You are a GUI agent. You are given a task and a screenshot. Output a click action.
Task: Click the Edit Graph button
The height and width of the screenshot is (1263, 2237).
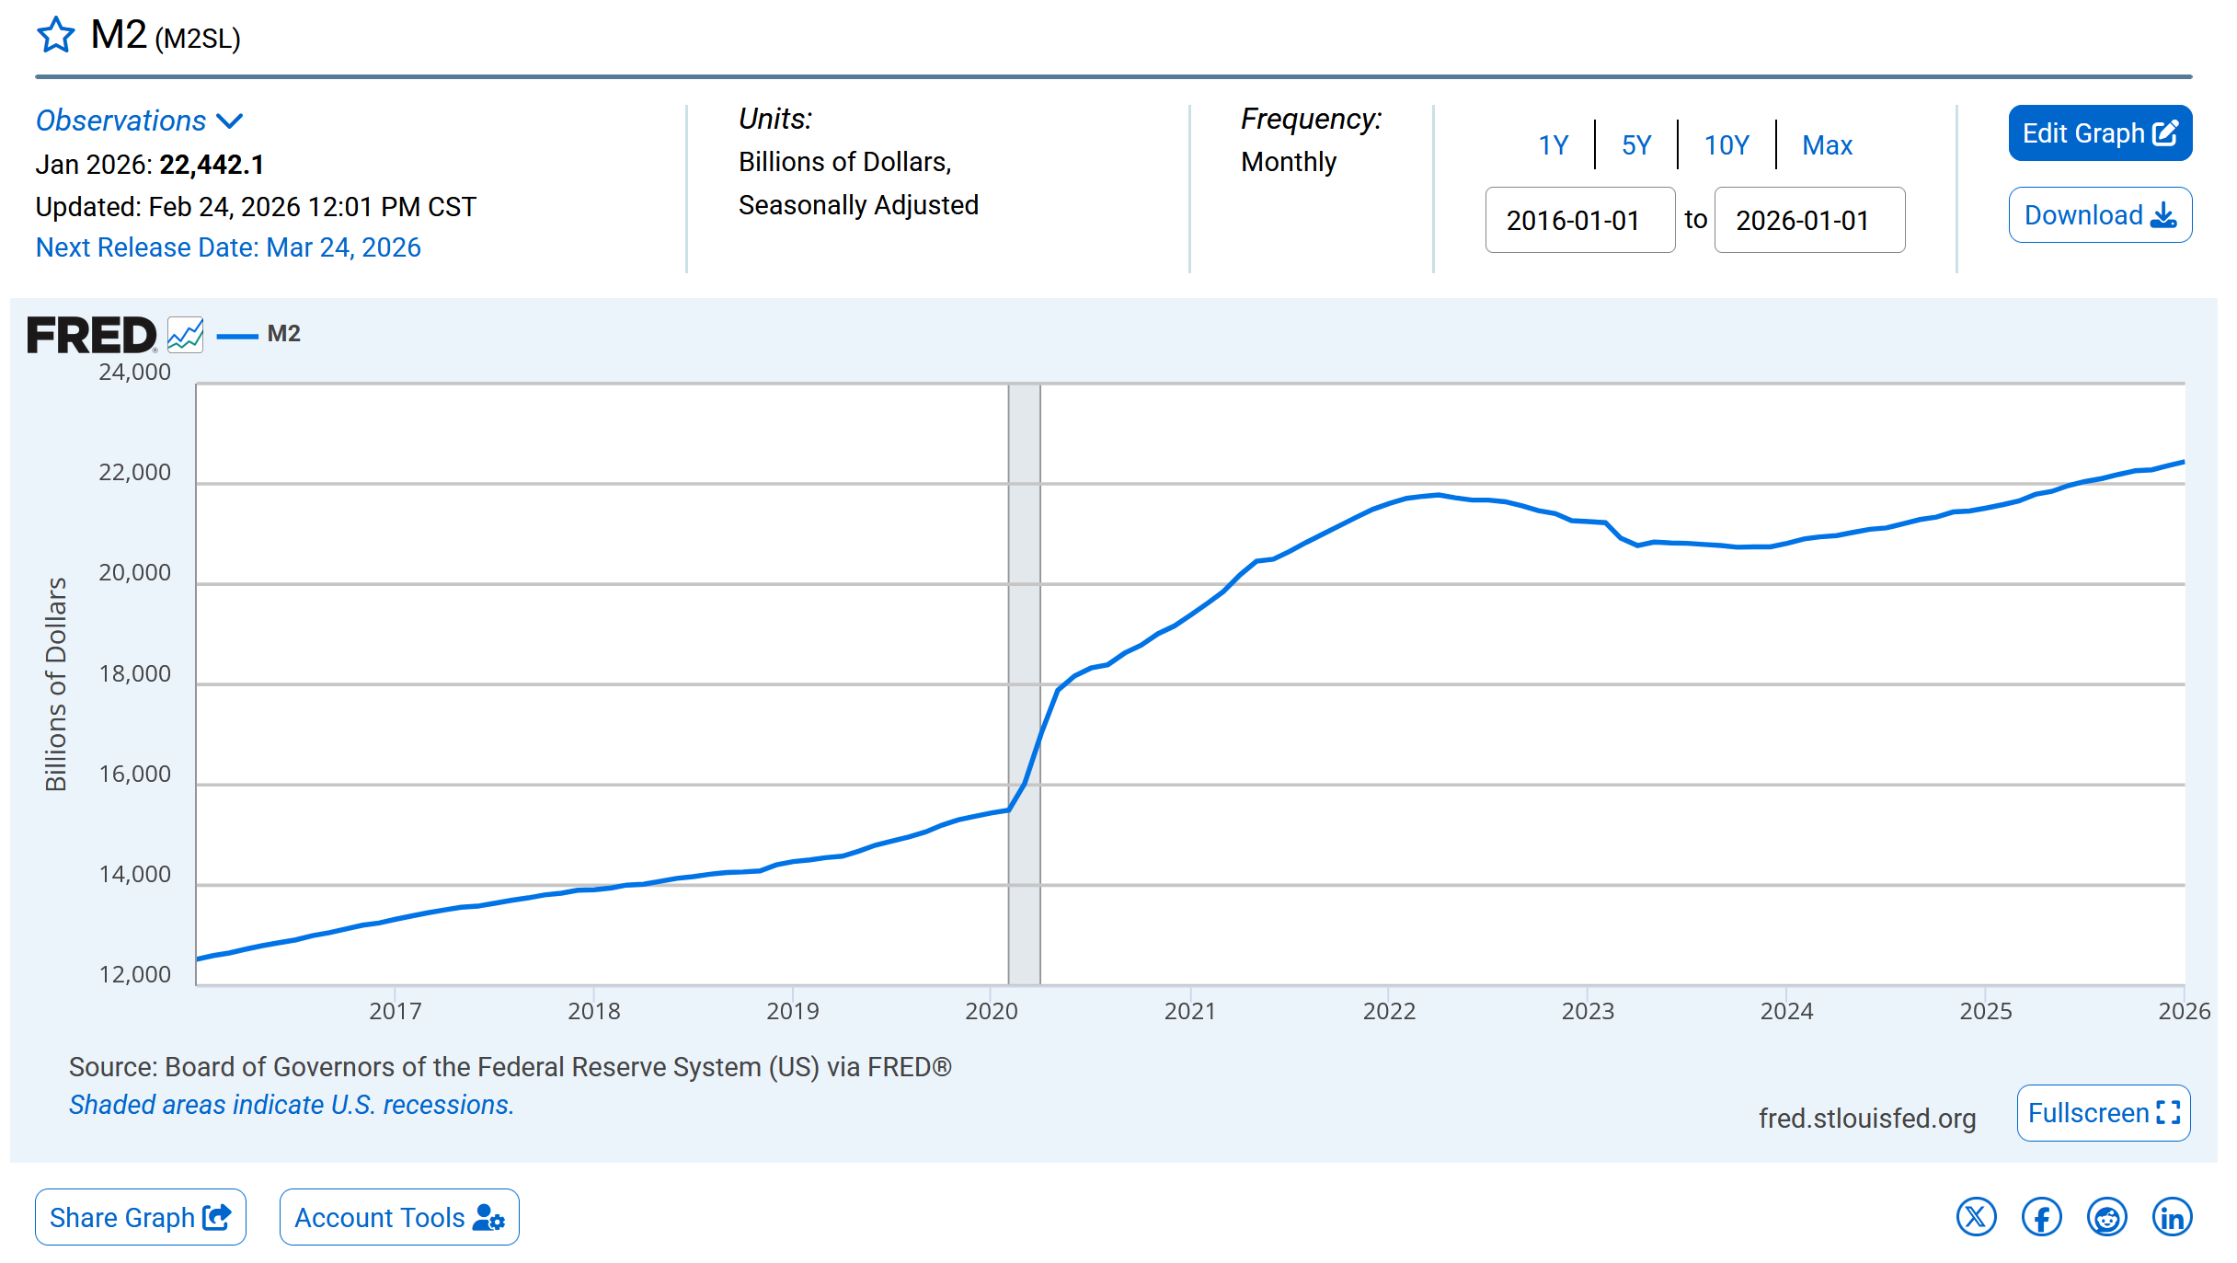(x=2099, y=133)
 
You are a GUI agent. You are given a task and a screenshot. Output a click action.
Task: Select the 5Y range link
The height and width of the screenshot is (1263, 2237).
(x=1636, y=145)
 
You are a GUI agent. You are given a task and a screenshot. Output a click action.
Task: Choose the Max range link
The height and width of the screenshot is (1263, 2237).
(x=1827, y=145)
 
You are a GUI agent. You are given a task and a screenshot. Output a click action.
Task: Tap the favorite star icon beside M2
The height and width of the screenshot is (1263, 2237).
(x=56, y=35)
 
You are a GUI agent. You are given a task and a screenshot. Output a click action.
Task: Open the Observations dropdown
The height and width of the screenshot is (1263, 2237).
(x=139, y=121)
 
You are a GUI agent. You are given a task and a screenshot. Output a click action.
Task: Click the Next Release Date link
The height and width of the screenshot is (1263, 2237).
(x=228, y=247)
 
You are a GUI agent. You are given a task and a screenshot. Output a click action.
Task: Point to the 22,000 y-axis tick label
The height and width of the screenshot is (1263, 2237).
(x=134, y=473)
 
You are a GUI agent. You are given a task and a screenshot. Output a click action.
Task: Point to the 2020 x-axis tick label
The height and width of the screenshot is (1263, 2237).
(x=991, y=1011)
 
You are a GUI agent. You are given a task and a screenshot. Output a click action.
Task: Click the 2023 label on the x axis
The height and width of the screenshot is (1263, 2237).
(x=1588, y=1011)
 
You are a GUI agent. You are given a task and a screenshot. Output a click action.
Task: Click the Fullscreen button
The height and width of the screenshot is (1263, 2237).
(x=2104, y=1113)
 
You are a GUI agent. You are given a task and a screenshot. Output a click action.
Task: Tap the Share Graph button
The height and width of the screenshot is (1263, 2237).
(x=141, y=1217)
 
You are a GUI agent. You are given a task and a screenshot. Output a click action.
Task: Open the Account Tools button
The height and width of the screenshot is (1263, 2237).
(x=399, y=1217)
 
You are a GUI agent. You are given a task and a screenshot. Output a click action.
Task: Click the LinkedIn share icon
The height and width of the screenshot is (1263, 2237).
(x=2172, y=1217)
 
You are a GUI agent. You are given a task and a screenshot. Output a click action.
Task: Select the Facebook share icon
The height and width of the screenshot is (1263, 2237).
(x=2041, y=1217)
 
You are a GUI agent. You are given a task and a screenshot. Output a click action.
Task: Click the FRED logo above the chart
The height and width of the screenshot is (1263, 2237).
(x=92, y=335)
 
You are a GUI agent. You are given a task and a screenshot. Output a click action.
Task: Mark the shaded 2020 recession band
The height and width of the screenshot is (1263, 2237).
(x=1024, y=684)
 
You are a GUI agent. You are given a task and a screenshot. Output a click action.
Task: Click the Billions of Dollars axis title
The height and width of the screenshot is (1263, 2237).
(x=56, y=684)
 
